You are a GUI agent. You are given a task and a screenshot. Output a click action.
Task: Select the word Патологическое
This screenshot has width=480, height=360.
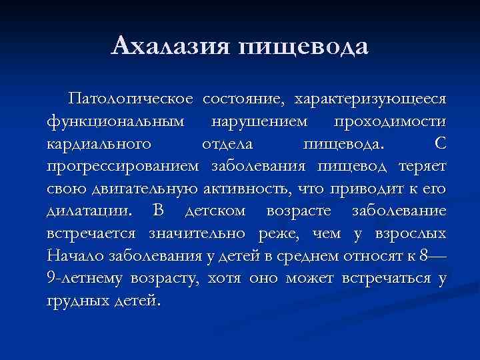131,99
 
